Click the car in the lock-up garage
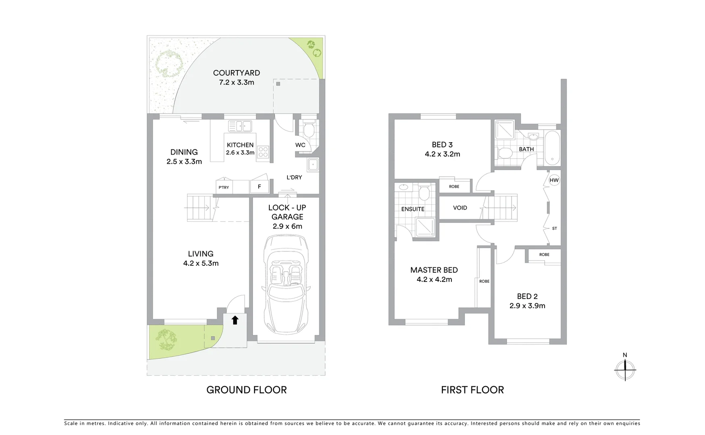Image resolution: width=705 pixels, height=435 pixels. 286,284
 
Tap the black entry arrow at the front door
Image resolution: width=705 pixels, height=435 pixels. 235,320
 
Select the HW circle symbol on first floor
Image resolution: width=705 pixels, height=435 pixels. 554,180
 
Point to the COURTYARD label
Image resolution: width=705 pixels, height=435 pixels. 236,73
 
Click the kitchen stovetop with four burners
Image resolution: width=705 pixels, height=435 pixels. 263,152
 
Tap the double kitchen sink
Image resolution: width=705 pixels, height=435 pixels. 240,126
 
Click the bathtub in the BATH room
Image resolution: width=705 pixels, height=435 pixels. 552,147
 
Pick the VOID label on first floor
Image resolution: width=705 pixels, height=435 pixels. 460,208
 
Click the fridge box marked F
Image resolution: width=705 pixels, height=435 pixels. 259,186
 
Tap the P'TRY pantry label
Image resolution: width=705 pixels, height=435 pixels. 224,187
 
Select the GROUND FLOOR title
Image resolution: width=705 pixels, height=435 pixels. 246,389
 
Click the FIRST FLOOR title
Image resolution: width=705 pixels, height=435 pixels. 472,389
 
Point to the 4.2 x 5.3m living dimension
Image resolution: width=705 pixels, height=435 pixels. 201,263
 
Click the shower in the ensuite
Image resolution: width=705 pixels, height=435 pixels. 425,227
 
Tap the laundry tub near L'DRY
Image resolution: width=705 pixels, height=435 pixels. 313,165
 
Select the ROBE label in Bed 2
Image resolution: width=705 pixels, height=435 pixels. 544,255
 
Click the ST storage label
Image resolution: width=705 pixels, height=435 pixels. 554,228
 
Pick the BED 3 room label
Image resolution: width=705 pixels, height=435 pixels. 442,145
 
